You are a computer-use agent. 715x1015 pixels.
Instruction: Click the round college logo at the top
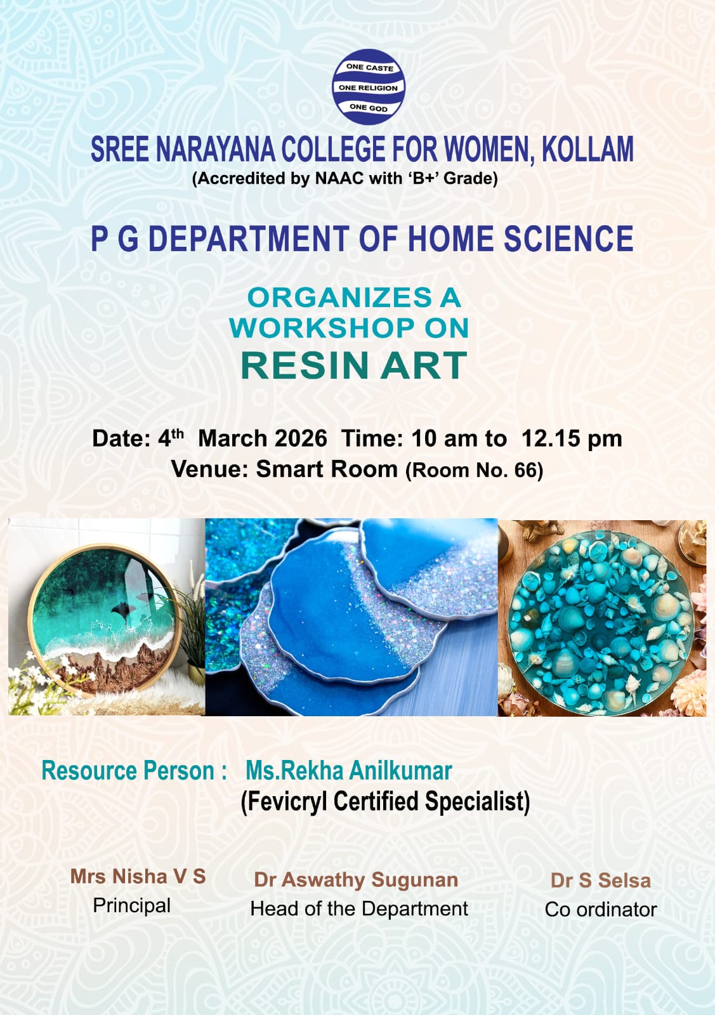point(369,87)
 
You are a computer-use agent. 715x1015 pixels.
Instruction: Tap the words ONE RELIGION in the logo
point(368,88)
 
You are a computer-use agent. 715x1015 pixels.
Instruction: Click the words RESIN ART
point(354,365)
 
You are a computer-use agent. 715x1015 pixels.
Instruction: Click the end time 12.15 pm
point(571,438)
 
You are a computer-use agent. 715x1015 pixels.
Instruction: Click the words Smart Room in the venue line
point(326,469)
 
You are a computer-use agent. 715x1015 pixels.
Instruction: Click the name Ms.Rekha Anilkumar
point(348,771)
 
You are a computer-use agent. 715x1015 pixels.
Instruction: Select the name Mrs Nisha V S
point(138,876)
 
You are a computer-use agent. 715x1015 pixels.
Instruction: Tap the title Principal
point(132,905)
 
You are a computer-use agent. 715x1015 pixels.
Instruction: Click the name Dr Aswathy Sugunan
point(356,880)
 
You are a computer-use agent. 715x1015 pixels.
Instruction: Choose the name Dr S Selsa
point(600,881)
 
